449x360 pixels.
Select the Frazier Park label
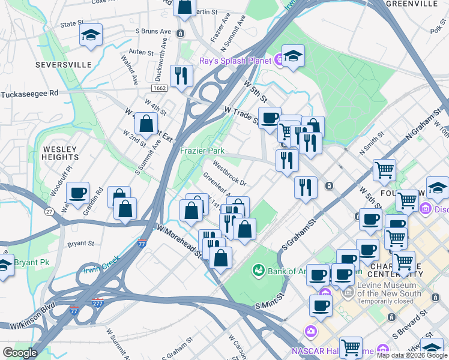[x=202, y=151]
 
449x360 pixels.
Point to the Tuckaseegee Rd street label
[x=29, y=94]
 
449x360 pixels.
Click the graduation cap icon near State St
[x=91, y=35]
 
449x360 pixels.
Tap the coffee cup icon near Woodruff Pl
[x=77, y=193]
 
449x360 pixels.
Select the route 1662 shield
[x=160, y=88]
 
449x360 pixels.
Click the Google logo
[x=20, y=353]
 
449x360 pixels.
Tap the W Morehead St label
[x=180, y=240]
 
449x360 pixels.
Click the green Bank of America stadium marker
[x=259, y=271]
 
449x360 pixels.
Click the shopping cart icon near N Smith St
[x=384, y=169]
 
